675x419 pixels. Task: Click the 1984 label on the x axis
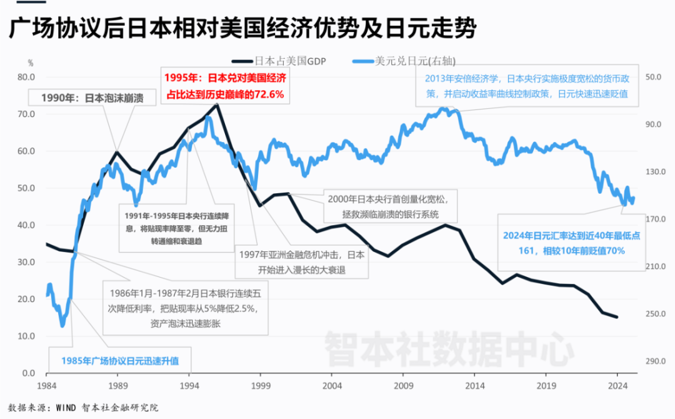point(47,386)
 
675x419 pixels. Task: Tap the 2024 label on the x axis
point(617,386)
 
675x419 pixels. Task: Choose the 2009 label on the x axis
point(403,386)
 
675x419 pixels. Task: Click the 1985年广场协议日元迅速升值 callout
point(119,360)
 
